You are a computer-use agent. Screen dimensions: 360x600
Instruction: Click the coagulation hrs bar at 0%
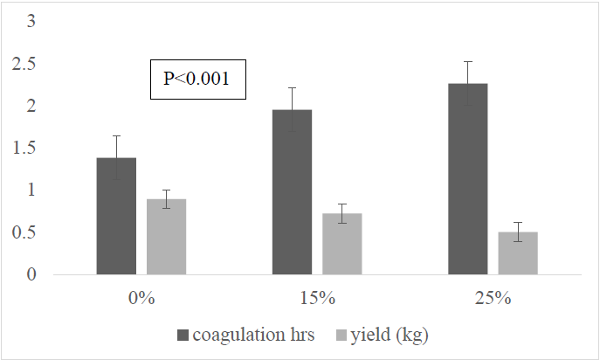coord(116,216)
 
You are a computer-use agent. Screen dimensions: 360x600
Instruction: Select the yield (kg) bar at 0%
coord(166,237)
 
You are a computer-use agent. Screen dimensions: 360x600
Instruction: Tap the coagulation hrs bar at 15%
coord(292,192)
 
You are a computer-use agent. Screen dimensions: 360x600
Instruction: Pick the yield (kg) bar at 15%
coord(342,244)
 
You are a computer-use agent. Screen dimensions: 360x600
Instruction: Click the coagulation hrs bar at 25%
coord(468,179)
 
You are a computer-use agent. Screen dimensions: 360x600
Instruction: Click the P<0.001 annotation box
coord(197,79)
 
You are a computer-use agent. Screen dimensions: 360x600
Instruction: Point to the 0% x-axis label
coord(141,298)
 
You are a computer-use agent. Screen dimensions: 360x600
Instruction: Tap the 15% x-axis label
coord(317,298)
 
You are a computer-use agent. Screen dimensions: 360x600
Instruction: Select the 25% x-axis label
coord(493,298)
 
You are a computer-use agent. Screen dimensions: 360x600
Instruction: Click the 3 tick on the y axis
coord(32,21)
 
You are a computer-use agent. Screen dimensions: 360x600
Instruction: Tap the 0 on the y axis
coord(32,274)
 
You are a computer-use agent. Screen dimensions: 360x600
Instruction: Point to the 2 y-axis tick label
coord(32,106)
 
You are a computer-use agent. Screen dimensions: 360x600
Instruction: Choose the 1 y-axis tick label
coord(32,190)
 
